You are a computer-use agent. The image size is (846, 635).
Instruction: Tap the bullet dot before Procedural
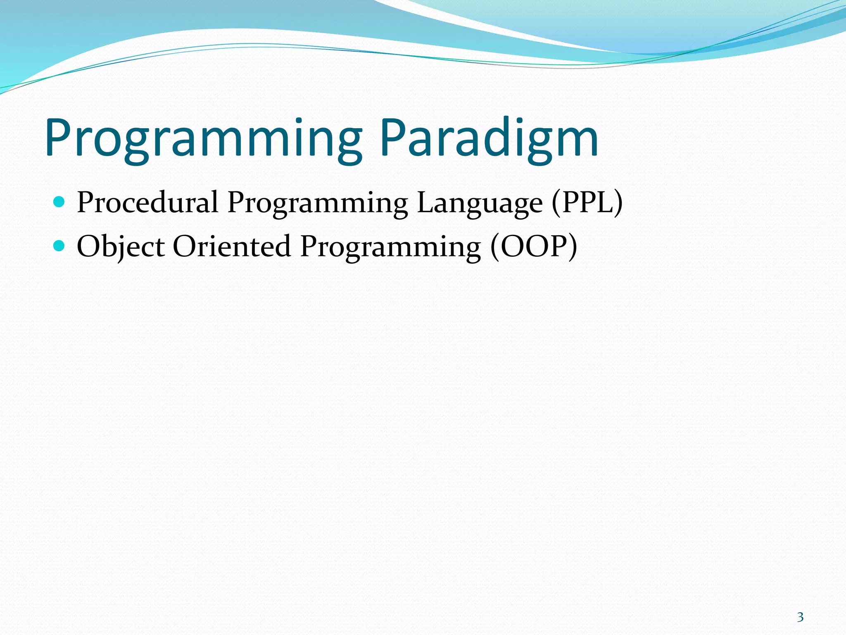coord(59,202)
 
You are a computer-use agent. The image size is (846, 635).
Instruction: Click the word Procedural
coord(147,203)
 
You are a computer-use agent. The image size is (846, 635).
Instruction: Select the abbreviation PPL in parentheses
coord(587,203)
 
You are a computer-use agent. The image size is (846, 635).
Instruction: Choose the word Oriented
coord(232,246)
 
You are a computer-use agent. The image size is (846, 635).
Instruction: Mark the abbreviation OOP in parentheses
coord(533,246)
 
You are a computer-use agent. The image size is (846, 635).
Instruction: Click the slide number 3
coord(800,617)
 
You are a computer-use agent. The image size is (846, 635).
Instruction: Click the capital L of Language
coord(425,203)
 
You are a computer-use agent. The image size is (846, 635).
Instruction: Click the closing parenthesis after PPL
coord(618,203)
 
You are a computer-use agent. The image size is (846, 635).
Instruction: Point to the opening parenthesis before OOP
coord(495,246)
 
